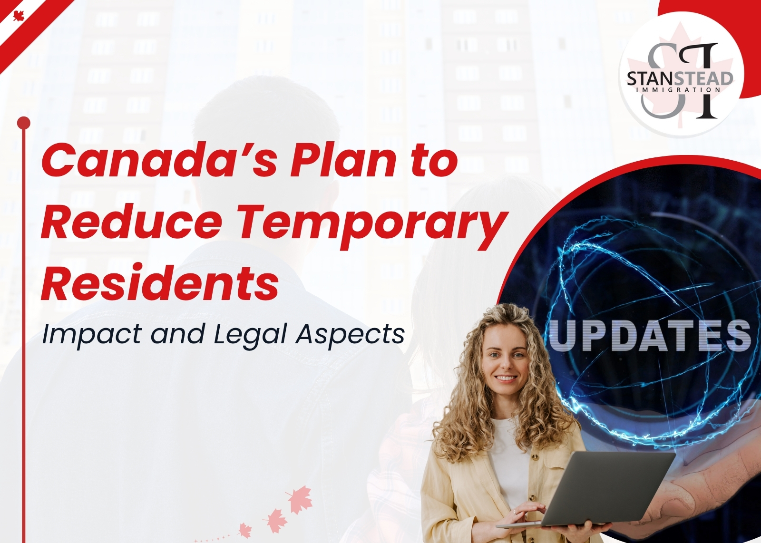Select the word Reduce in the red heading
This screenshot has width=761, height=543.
(x=131, y=221)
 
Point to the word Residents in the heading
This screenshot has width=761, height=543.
(x=160, y=282)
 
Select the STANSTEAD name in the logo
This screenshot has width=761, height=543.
(x=680, y=79)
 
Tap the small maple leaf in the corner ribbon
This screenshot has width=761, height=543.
(x=19, y=16)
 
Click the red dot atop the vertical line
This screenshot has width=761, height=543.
(x=23, y=123)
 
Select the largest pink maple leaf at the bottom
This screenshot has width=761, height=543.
(x=300, y=499)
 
